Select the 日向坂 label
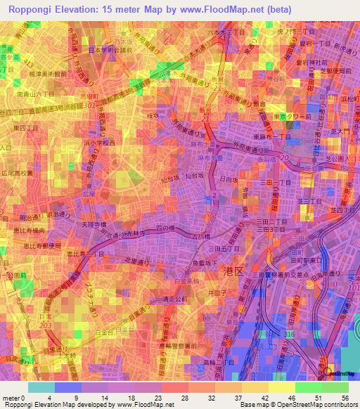click(226, 179)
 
